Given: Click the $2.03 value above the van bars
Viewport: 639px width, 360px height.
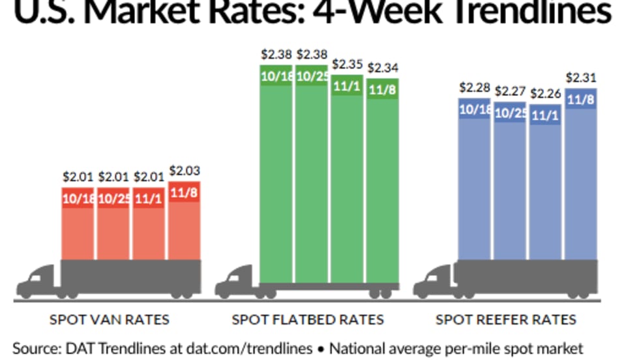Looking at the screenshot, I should coord(185,172).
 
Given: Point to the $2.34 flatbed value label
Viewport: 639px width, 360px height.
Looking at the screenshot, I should coord(382,67).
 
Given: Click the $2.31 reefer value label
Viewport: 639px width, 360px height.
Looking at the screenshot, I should coord(580,78).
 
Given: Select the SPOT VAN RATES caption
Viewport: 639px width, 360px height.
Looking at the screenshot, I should coord(110,320).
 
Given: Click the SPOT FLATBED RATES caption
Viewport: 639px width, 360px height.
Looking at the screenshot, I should coord(308,320).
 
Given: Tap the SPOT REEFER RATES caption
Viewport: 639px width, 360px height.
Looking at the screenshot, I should coord(506,320).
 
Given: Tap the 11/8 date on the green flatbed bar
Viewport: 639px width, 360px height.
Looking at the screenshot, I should coord(382,89).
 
